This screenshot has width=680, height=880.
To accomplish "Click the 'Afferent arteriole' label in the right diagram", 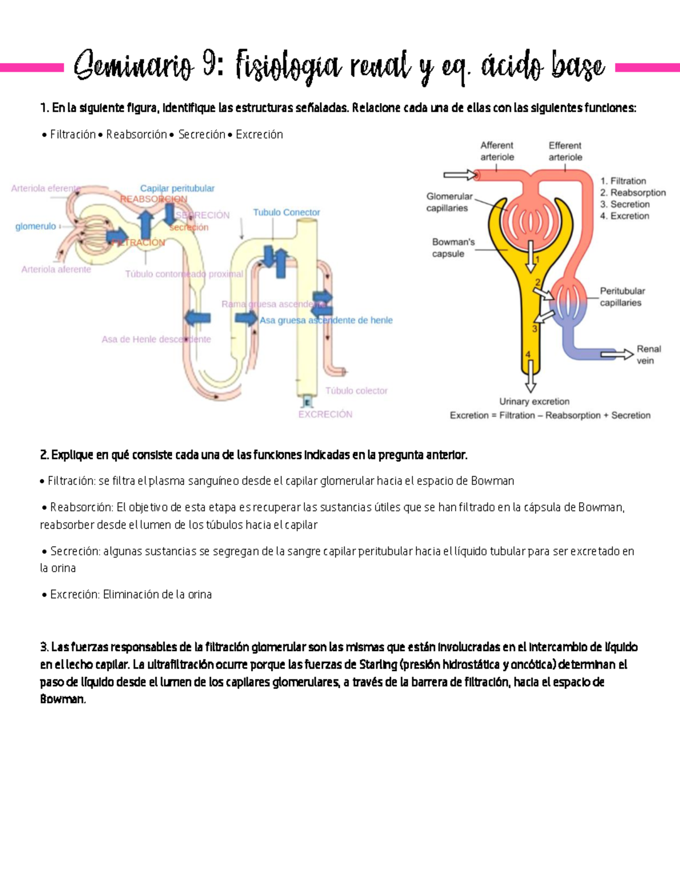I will [x=497, y=151].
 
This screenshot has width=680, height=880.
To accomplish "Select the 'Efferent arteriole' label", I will [x=565, y=151].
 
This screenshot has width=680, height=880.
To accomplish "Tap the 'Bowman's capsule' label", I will [x=453, y=248].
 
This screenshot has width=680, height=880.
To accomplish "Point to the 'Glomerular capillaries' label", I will [x=449, y=202].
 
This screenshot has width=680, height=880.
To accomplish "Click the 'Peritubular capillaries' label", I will [x=622, y=297].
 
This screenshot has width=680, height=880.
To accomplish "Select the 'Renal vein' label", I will [x=648, y=355].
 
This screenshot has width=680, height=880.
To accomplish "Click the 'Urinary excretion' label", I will [x=534, y=401].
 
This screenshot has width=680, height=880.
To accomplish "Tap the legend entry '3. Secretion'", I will [x=624, y=204].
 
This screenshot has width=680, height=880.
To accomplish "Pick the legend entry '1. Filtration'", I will [x=623, y=181].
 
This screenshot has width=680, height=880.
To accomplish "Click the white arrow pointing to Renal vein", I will [x=617, y=355].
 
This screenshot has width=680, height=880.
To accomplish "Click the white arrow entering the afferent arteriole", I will [x=460, y=175].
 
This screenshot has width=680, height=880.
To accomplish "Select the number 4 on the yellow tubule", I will [x=528, y=355].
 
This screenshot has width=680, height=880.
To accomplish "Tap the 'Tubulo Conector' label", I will [x=286, y=212].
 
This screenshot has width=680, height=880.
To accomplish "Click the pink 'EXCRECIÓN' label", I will [x=325, y=414].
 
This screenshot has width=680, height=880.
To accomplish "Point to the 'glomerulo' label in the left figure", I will [x=35, y=226].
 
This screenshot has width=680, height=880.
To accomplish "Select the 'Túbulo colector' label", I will [x=356, y=390].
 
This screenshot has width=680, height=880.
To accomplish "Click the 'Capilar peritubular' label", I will [x=177, y=188].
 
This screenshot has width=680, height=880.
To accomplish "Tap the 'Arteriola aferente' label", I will [x=56, y=269].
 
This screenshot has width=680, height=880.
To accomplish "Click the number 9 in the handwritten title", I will [x=209, y=66].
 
